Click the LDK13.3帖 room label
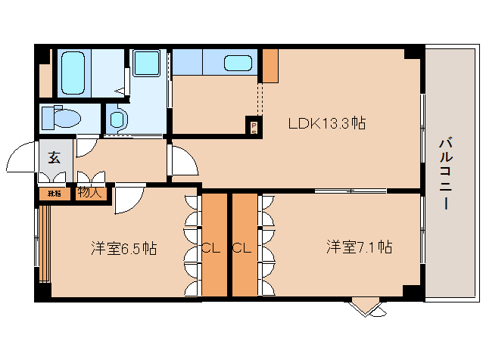(326, 123)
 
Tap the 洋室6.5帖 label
(124, 247)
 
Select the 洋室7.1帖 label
(360, 247)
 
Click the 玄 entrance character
(55, 158)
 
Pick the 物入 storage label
(89, 193)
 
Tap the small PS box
(254, 127)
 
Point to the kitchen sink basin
(238, 64)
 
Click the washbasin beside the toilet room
(118, 119)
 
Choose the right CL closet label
(242, 247)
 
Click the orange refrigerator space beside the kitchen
(270, 67)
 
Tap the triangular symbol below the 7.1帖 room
(367, 306)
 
